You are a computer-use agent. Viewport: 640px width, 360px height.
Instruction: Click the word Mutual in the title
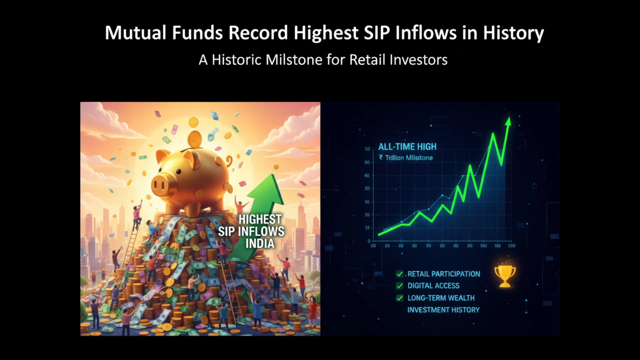(x=136, y=33)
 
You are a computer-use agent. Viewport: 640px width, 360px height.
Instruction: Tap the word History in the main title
(x=513, y=33)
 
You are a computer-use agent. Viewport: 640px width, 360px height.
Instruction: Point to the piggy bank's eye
(x=179, y=172)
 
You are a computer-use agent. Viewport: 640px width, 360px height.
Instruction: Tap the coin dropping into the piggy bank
(x=194, y=139)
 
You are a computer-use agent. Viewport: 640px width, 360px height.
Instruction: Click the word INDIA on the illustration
(x=260, y=244)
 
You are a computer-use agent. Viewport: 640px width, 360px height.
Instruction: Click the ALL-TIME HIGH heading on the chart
(x=407, y=147)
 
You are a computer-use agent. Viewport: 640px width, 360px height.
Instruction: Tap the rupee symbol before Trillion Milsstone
(x=381, y=157)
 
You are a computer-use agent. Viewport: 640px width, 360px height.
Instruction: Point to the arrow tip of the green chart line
(x=509, y=118)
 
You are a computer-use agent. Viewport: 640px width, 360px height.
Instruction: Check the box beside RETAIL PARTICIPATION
(x=399, y=274)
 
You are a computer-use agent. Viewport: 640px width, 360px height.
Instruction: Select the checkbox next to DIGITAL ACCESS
(x=399, y=286)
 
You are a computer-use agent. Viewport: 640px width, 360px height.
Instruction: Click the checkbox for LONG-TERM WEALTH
(x=399, y=298)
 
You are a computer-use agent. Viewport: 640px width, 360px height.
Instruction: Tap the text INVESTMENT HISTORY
(x=443, y=310)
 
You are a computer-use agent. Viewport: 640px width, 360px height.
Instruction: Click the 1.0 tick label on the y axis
(x=367, y=149)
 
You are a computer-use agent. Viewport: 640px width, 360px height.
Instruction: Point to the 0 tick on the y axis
(x=369, y=241)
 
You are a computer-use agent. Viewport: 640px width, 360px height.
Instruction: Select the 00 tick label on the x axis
(x=373, y=246)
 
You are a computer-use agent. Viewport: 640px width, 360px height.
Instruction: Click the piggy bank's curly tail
(x=229, y=161)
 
